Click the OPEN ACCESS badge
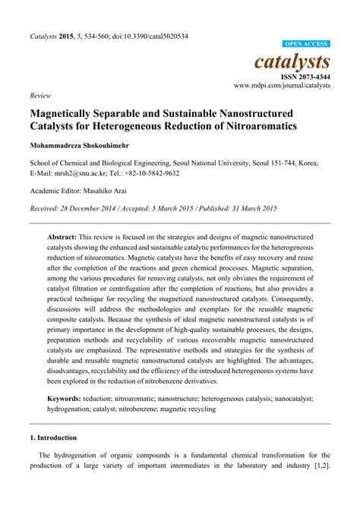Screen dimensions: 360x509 (307, 45)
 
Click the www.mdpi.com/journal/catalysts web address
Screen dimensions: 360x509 (282, 86)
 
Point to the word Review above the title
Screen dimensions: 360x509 (39, 96)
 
